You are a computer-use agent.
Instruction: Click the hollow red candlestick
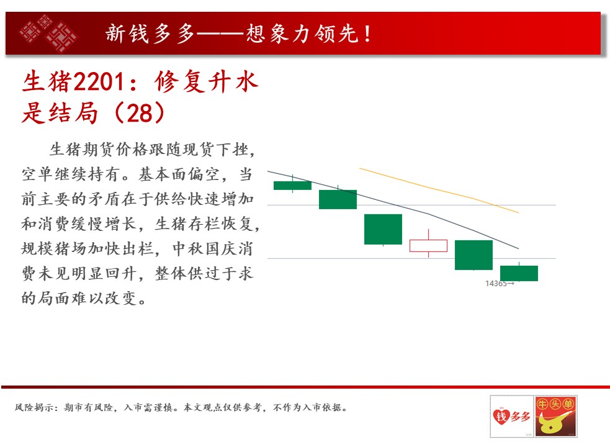tap(428, 246)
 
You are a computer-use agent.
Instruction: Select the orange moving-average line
tap(439, 190)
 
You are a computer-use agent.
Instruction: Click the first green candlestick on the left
tap(292, 186)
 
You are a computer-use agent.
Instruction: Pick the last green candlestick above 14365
tap(519, 273)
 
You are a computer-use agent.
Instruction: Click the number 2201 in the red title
tap(99, 82)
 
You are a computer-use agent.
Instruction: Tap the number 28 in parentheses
tap(140, 114)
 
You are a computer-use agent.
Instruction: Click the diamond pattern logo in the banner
tap(48, 33)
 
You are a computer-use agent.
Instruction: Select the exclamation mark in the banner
tap(367, 34)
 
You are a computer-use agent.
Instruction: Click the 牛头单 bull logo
tap(555, 416)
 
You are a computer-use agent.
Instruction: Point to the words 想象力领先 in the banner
tap(302, 34)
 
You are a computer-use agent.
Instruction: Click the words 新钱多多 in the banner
tap(150, 34)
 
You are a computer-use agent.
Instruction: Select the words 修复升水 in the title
tap(206, 82)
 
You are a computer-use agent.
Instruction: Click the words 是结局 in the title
tap(60, 114)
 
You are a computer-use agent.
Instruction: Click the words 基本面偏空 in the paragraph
tap(179, 174)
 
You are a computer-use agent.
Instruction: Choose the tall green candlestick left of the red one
tap(383, 229)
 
